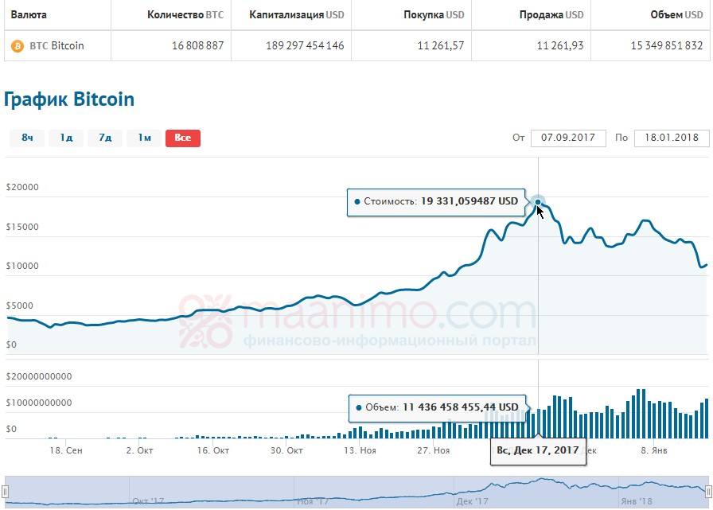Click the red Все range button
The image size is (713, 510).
click(x=183, y=138)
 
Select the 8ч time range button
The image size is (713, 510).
click(x=27, y=138)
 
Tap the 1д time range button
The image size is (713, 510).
click(x=66, y=138)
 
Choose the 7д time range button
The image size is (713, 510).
click(x=105, y=138)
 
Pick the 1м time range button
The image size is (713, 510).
click(x=144, y=138)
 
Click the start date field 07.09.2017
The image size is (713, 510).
click(x=568, y=138)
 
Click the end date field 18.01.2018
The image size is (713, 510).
click(x=672, y=138)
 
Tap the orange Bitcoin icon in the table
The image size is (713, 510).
click(x=18, y=45)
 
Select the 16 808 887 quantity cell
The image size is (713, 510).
click(x=197, y=45)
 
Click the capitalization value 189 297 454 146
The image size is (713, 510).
click(x=305, y=45)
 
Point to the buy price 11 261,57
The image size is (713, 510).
click(x=440, y=45)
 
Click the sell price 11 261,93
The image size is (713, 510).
click(x=560, y=45)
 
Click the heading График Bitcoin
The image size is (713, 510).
click(x=68, y=99)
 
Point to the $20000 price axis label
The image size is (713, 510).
click(x=22, y=188)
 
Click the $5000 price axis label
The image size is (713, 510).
click(x=20, y=306)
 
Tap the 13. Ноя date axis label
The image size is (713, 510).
click(x=360, y=450)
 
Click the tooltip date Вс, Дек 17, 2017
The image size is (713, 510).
click(x=537, y=450)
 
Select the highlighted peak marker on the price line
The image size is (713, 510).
click(x=538, y=202)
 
